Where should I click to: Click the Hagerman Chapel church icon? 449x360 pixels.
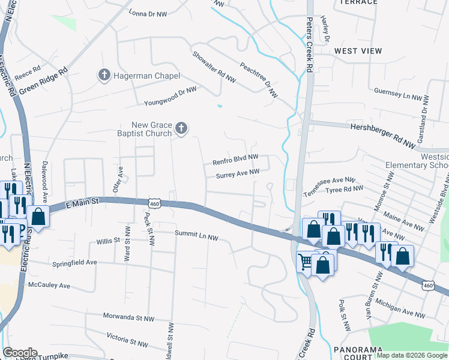pos(104,76)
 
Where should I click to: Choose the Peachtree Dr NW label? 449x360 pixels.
pos(259,80)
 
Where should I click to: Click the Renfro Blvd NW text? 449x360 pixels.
pos(235,160)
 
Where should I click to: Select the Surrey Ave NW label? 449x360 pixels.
pos(238,174)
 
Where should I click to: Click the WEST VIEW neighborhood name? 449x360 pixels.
pos(358,51)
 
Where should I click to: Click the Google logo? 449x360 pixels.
pos(20,352)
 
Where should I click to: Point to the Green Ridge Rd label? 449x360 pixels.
pos(43,80)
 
